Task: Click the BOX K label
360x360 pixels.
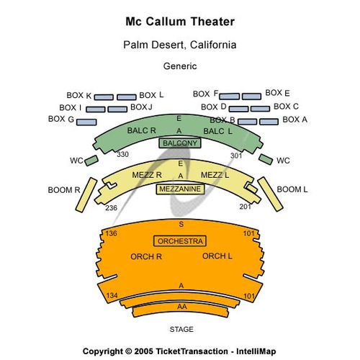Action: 79,95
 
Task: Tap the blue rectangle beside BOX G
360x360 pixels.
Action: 86,122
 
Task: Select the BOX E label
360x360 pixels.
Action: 277,93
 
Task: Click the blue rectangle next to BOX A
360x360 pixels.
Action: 269,122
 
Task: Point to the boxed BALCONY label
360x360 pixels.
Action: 180,143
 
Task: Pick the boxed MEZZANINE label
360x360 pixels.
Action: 180,189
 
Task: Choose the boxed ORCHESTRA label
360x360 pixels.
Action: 180,241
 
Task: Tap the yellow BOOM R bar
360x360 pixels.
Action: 86,195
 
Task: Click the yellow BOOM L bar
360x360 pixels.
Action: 271,194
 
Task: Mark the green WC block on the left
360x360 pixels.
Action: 91,161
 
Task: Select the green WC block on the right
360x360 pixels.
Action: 266,160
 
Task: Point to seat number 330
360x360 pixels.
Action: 122,154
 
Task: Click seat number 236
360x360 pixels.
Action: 111,207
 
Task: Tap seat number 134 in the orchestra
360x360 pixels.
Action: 112,295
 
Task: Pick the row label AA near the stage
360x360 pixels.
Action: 182,307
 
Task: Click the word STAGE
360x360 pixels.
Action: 181,329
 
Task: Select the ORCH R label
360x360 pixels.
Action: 146,256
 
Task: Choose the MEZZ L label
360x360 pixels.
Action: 215,175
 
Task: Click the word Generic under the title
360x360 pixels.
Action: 180,66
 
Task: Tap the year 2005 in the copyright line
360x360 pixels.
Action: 143,351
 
